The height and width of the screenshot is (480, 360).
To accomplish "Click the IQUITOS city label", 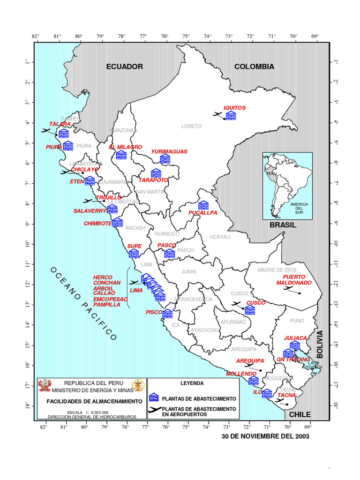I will pos(234,108).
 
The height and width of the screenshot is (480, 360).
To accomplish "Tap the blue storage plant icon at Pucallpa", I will pos(203,205).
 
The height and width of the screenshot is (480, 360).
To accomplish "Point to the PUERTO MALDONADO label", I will pos(294,280).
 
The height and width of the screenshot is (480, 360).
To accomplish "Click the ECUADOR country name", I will pos(124,67).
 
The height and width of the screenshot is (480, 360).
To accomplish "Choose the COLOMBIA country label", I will pos(254,67).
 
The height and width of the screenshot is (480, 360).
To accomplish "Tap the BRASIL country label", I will pos(283,225).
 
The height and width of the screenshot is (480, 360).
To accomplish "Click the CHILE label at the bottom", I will pos(300,414).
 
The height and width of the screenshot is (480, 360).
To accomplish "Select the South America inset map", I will pos(287,185).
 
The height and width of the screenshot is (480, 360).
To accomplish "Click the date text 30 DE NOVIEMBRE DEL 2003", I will pos(265,436).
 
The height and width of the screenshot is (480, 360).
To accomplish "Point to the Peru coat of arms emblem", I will pos(45,386).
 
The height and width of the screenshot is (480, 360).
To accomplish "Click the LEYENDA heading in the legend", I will pos(192,383).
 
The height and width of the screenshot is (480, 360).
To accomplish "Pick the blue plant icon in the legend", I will pos(154,398).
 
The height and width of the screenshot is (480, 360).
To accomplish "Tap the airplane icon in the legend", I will pos(154,411).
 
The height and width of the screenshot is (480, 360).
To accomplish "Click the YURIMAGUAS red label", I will pos(169,151).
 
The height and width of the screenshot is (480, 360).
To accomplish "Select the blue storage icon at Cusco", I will pos(250,310).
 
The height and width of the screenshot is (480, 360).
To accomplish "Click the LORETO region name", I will pos(191,126).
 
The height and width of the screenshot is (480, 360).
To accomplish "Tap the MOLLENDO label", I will pos(241,374).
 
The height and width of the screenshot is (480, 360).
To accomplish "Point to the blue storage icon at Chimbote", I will pos(117,222).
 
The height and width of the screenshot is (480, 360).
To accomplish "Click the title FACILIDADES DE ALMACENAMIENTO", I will pos(94,401).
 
